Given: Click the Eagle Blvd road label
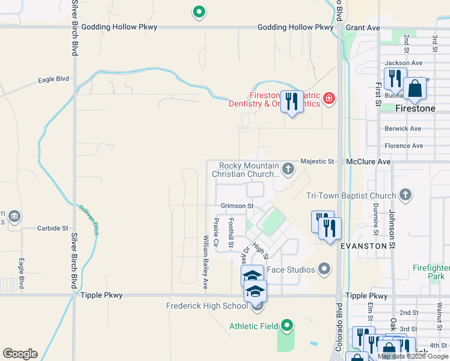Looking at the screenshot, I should coord(54,79).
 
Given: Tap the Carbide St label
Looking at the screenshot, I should coord(53,229).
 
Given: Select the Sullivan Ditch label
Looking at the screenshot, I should coord(89,218).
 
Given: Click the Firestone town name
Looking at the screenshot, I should coord(415,109).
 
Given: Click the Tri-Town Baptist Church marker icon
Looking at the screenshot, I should coord(405,195).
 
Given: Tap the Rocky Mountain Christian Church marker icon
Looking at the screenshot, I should coord(288,168).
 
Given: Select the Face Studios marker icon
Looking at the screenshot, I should coord(325,268).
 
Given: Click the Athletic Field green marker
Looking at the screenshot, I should coord(287,326).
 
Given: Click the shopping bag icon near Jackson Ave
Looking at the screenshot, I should coord(415,88).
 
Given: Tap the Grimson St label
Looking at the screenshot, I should coord(237,206).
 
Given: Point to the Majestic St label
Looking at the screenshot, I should coord(317,162).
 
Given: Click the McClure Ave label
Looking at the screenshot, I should coord(369,162).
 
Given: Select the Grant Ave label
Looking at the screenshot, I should coord(363,28).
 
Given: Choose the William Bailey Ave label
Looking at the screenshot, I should coord(205,261).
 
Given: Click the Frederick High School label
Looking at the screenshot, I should coord(207,306).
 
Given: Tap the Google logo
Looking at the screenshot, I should coord(20,354).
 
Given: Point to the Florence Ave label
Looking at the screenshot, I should coord(404,146).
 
